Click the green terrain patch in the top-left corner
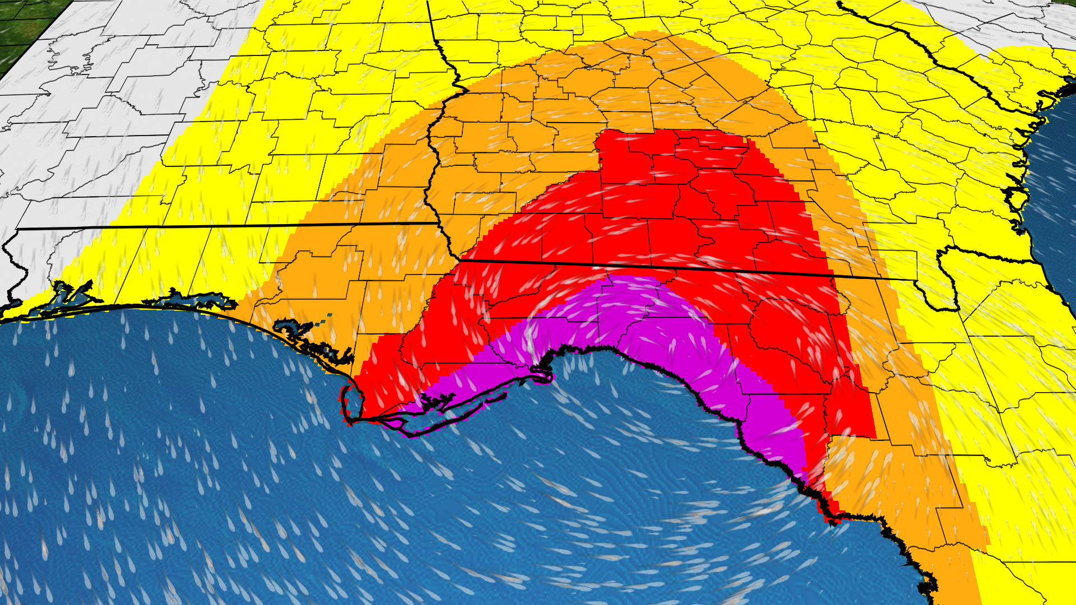tap(22, 28)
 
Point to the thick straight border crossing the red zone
tap(644, 266)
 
